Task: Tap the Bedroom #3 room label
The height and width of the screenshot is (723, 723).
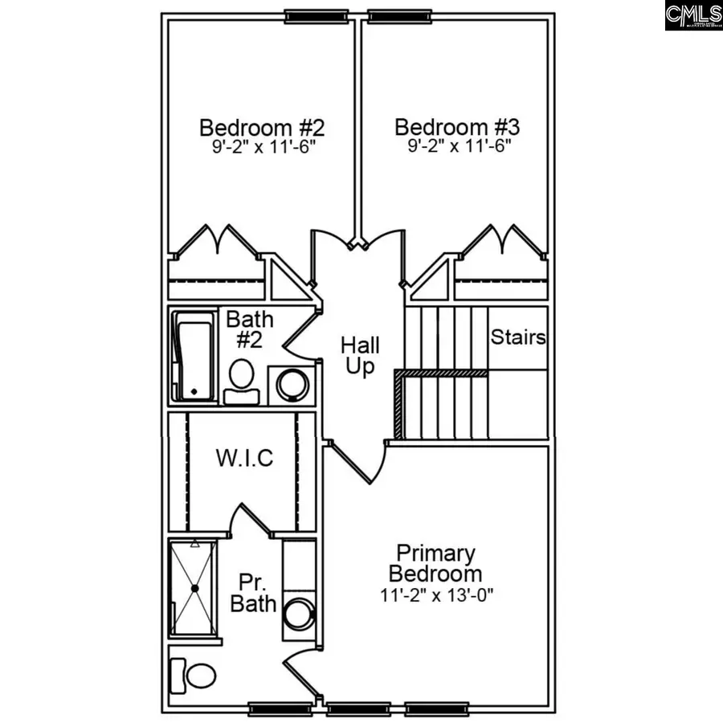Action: (457, 128)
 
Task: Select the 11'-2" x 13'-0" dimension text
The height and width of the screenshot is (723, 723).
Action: (435, 596)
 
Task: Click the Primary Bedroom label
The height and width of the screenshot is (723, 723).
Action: (435, 564)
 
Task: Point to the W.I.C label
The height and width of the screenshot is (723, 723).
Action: (244, 459)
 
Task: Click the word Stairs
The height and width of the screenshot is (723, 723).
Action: (518, 337)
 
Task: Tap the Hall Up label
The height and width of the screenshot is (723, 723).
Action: (359, 357)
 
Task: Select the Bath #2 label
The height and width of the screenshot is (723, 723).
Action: (249, 329)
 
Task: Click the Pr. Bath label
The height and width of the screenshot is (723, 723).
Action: (253, 593)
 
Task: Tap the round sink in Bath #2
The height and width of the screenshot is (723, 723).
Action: (290, 383)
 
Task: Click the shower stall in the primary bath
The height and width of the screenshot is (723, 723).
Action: (194, 588)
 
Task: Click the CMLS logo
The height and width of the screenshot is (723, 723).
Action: (693, 15)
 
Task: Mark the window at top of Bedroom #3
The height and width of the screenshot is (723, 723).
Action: (397, 15)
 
